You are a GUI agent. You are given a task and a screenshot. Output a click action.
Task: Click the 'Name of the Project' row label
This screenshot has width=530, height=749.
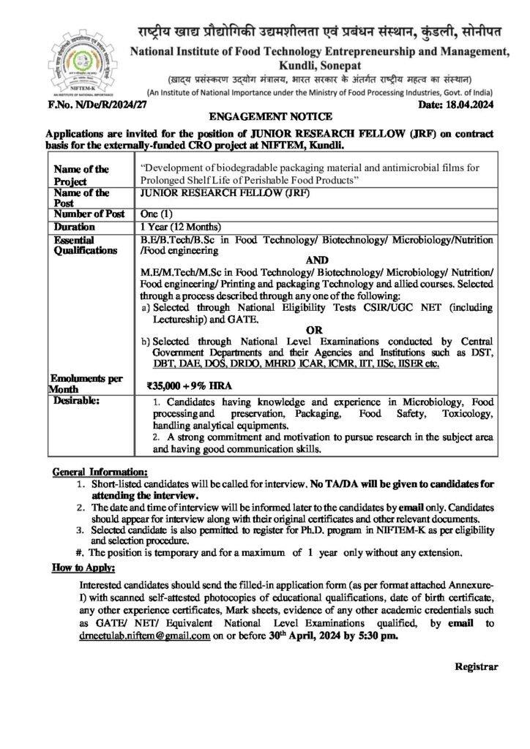82,175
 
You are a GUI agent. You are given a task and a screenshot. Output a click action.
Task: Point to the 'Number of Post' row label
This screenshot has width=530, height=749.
88,214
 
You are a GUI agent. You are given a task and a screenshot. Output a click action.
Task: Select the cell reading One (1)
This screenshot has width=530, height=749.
157,214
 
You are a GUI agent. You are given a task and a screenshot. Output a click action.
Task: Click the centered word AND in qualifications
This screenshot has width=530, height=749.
315,260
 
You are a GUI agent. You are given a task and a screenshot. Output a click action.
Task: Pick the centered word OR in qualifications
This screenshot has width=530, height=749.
314,330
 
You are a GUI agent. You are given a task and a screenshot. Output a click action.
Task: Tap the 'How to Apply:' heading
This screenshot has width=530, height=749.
82,568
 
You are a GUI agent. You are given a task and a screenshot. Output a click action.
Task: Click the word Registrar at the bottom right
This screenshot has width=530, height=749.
477,666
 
